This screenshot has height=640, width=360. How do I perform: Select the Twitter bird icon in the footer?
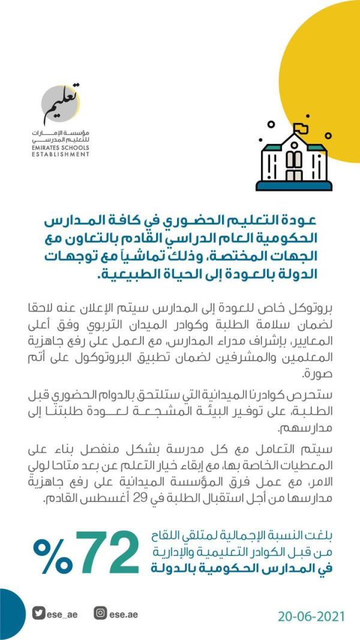[x=40, y=614]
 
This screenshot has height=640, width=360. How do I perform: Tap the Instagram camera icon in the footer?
[x=101, y=614]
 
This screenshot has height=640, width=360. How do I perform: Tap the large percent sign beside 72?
[x=52, y=555]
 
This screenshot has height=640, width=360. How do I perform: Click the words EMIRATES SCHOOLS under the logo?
[x=62, y=148]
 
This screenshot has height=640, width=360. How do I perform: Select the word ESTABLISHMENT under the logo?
[x=62, y=154]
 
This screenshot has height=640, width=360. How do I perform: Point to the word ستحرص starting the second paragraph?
[x=329, y=398]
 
